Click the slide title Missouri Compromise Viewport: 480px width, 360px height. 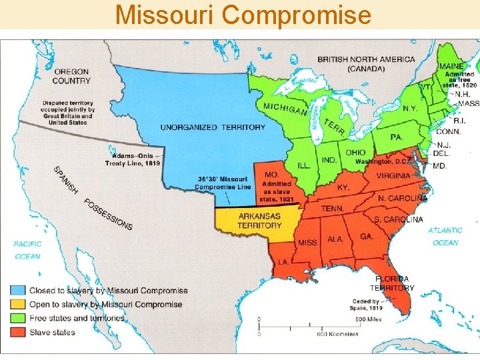click(243, 14)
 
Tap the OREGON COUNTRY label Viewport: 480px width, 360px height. click(72, 76)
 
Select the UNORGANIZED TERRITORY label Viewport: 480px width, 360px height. click(212, 127)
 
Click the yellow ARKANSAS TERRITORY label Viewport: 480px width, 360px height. click(259, 221)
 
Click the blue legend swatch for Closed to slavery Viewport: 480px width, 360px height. click(18, 291)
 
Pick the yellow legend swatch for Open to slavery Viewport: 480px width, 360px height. click(18, 305)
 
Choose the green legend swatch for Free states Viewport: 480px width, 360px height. click(18, 319)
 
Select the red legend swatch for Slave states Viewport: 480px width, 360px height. click(18, 332)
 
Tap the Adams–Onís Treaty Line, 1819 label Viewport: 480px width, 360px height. click(131, 160)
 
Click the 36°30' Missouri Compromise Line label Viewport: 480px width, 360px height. click(222, 183)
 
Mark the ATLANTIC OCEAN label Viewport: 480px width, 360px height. click(445, 237)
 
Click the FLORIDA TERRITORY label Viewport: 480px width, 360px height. click(393, 283)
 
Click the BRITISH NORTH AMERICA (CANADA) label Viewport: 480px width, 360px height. click(365, 64)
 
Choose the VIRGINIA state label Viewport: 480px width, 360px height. click(393, 176)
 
